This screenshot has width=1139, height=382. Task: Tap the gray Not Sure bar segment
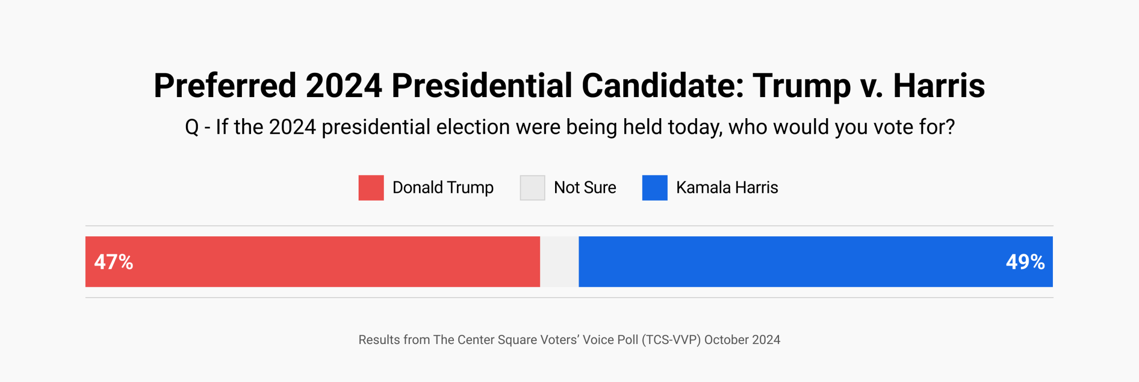pos(559,262)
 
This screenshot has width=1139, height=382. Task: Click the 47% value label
pos(114,262)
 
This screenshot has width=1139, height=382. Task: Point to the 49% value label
pos(1025,262)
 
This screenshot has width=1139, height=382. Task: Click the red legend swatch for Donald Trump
pos(371,188)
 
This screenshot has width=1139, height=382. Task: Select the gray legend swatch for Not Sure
pos(532,188)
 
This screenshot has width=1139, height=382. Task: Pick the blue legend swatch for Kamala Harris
pos(654,188)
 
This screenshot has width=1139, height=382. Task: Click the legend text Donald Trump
pos(443,188)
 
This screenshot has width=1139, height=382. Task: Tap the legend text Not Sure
pos(585,188)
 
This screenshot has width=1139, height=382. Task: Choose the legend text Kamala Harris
pos(727,188)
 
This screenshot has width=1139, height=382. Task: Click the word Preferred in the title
pos(225,86)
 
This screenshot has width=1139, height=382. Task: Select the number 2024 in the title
pos(343,86)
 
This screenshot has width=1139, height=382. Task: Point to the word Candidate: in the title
pos(663,86)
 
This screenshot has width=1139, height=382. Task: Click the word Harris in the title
pos(938,86)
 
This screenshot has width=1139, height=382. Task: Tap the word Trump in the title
pos(801,86)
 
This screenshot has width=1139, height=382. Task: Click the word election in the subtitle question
pos(473,127)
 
